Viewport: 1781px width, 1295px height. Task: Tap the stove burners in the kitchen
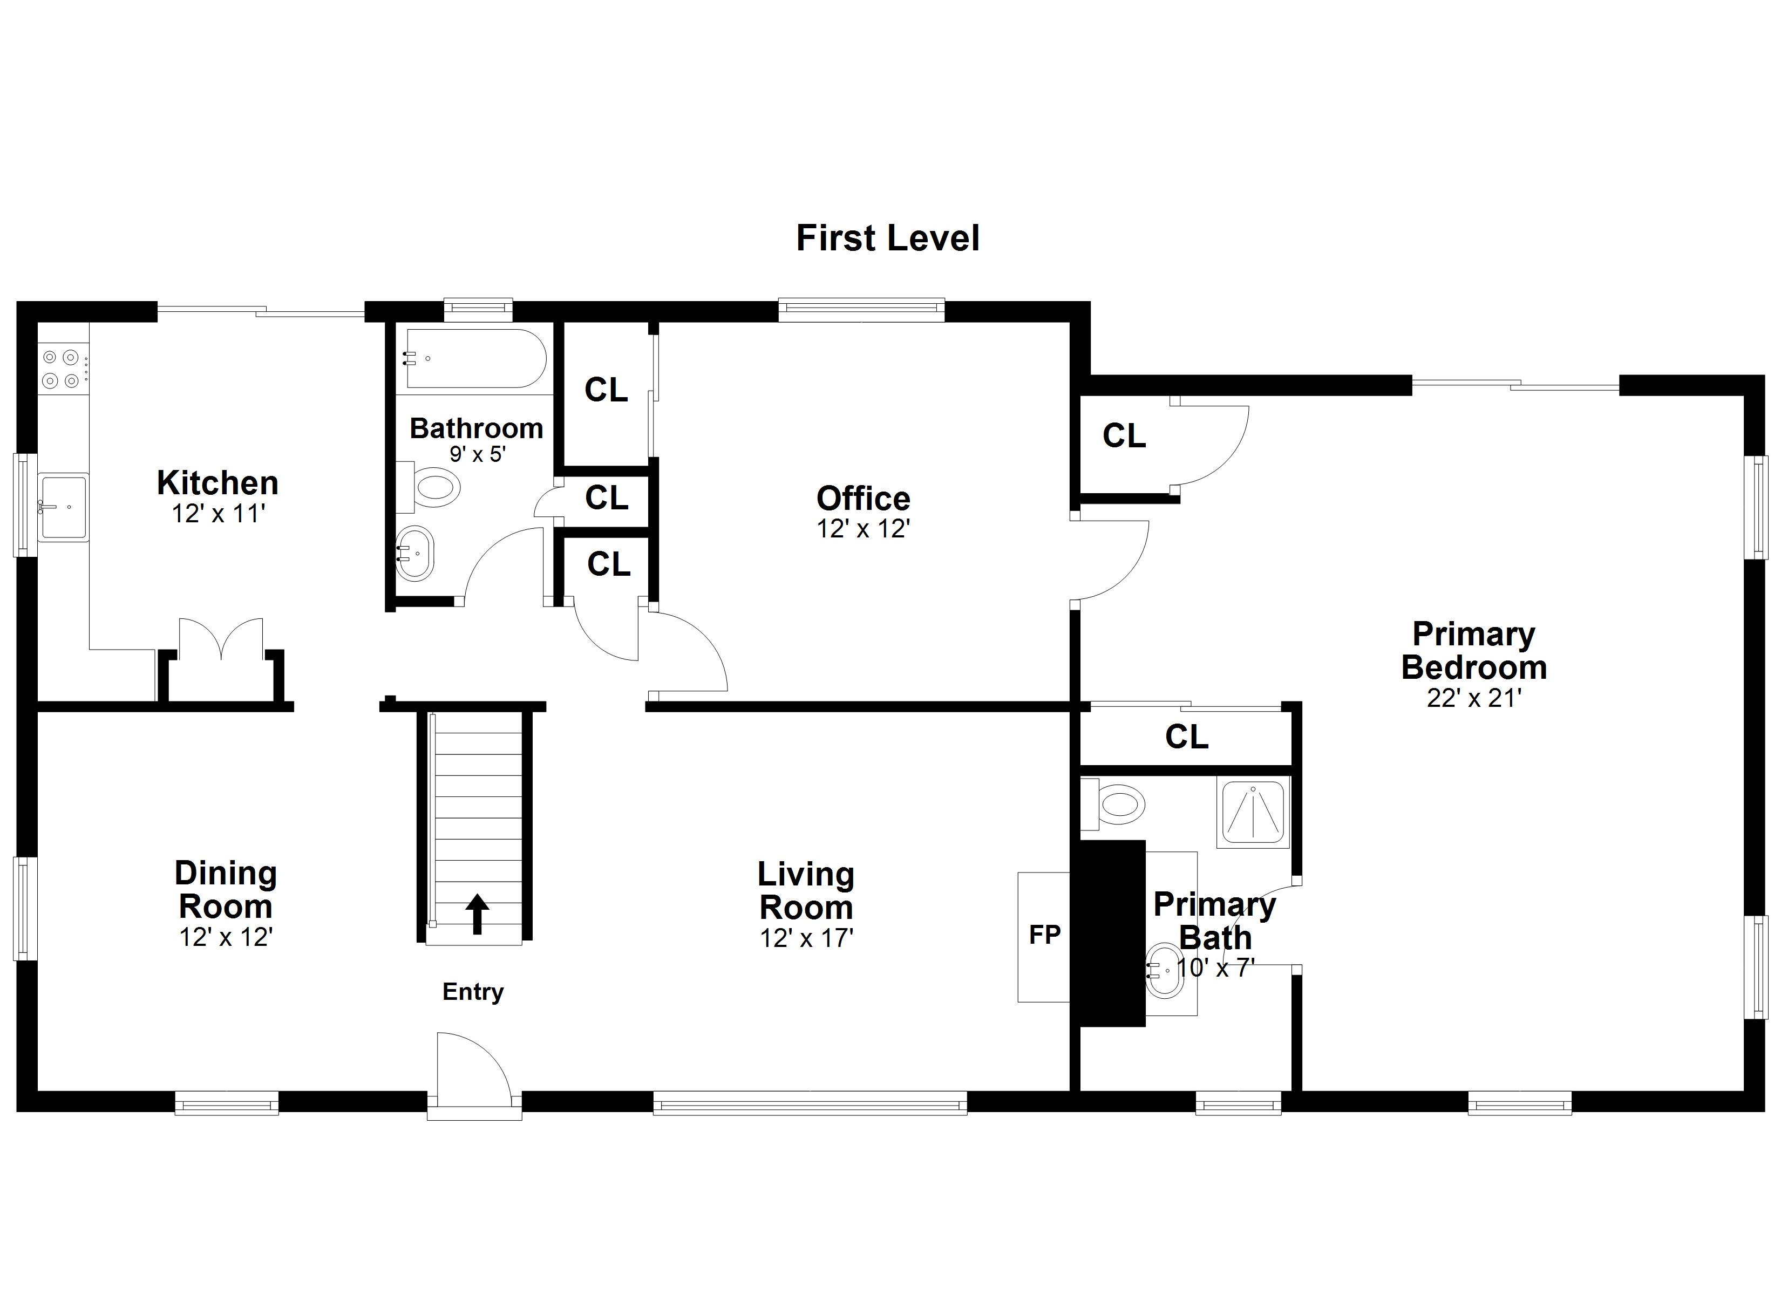tap(61, 369)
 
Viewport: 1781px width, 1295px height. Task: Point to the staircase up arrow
tap(477, 914)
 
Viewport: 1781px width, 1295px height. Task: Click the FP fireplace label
tap(1044, 935)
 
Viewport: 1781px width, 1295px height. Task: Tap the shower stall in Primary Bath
tap(1253, 812)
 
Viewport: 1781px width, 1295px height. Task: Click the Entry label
tap(473, 992)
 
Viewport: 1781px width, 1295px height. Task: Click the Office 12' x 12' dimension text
tap(863, 529)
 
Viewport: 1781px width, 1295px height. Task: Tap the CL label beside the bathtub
tap(606, 390)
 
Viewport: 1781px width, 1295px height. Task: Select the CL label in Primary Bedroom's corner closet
tap(1124, 436)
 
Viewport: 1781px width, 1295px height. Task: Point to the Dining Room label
tap(226, 890)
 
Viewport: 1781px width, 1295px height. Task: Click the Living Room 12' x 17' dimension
tap(806, 938)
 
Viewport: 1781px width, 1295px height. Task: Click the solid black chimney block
tap(1112, 933)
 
